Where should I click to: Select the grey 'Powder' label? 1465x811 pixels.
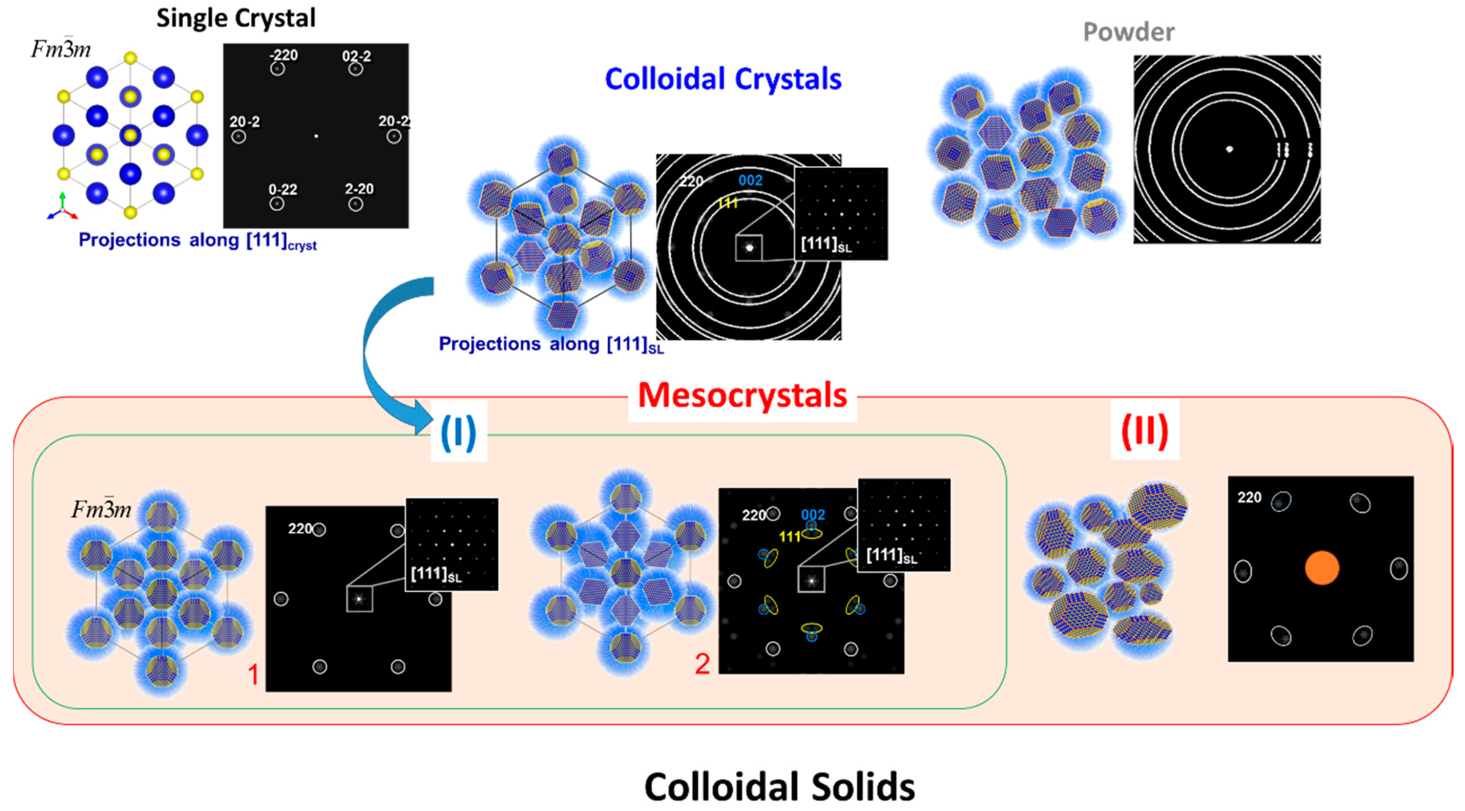[x=1128, y=32]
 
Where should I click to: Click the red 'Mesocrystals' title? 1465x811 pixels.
[x=742, y=395]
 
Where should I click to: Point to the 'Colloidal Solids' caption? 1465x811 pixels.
[x=779, y=787]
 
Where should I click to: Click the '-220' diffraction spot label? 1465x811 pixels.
[x=283, y=55]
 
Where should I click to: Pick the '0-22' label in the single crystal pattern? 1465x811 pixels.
[x=283, y=189]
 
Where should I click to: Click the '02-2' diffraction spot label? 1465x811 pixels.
[x=356, y=56]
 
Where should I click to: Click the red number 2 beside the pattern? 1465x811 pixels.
[x=702, y=664]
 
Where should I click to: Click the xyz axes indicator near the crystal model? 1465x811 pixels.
[x=62, y=208]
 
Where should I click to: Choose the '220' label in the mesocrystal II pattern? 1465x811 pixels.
[x=1249, y=498]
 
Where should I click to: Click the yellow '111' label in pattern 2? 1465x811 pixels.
[x=789, y=536]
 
